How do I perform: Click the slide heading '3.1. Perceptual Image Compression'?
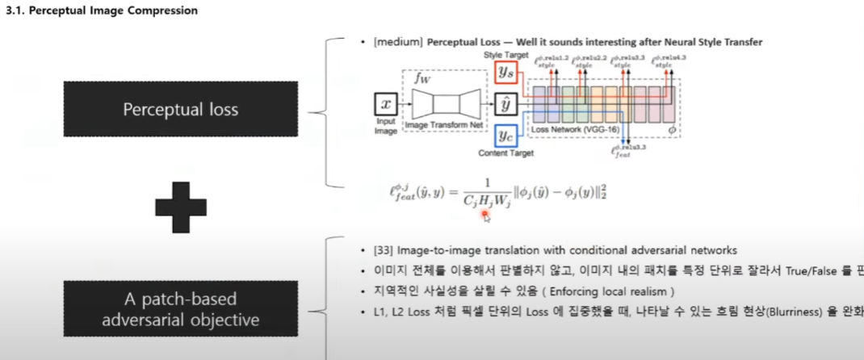click(x=102, y=11)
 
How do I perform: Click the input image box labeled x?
click(x=386, y=104)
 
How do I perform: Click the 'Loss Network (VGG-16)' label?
click(x=570, y=129)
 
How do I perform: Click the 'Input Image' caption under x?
click(x=386, y=125)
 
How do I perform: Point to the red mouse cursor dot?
click(x=484, y=214)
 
